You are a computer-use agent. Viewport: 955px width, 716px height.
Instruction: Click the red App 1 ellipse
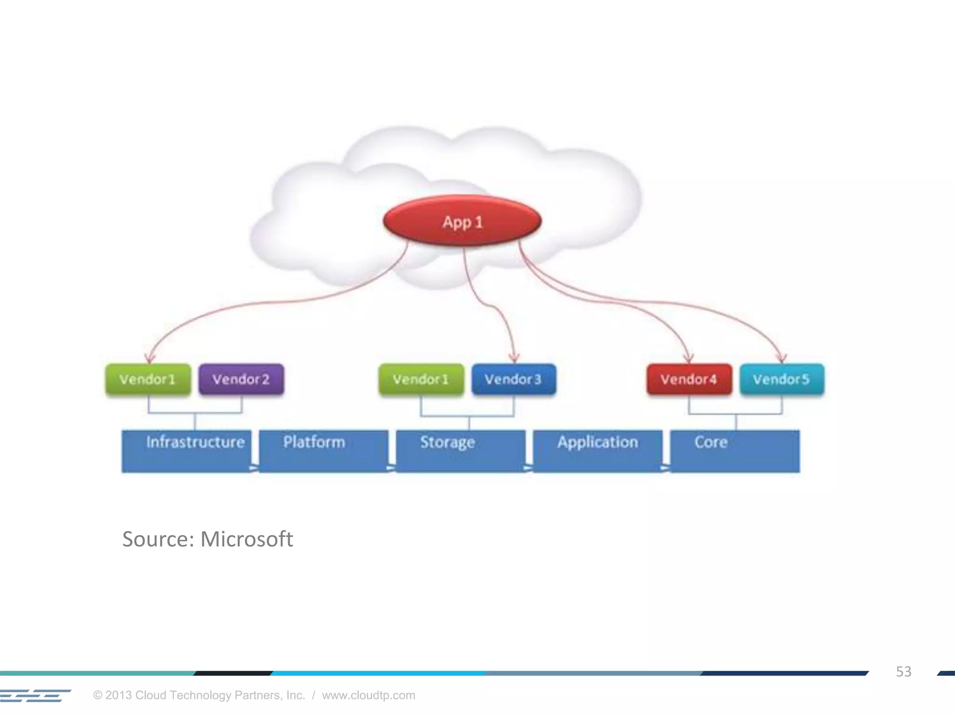click(462, 221)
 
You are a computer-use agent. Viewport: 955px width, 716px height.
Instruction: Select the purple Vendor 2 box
click(241, 379)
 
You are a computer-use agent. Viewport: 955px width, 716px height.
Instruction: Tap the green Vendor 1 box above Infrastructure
click(148, 379)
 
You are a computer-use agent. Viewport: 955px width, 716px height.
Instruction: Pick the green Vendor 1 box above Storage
click(421, 379)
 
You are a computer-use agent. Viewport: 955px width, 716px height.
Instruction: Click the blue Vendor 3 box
click(513, 379)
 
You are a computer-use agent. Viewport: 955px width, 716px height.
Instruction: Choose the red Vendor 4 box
click(689, 379)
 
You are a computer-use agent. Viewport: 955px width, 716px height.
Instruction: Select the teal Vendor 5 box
click(782, 379)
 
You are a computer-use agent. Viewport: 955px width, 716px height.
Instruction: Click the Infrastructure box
click(187, 451)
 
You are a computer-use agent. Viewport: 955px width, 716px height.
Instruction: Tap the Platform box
click(323, 451)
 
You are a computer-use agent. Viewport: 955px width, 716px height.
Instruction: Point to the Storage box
click(460, 451)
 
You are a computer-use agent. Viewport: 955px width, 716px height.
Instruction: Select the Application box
click(597, 451)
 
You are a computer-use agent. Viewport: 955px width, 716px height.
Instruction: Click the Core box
click(734, 451)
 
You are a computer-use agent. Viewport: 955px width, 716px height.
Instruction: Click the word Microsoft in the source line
click(246, 539)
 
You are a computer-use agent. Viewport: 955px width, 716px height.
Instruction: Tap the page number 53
click(903, 671)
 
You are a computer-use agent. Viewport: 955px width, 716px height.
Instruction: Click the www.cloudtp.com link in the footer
click(368, 695)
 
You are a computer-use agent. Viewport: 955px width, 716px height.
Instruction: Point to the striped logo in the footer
click(35, 695)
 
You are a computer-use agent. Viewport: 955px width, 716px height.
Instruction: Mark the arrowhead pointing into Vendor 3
click(514, 358)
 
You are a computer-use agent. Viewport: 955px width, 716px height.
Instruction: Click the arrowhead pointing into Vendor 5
click(782, 358)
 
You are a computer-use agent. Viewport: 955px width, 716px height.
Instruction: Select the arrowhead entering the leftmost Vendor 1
click(149, 358)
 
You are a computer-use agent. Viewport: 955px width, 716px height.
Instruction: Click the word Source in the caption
click(158, 539)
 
